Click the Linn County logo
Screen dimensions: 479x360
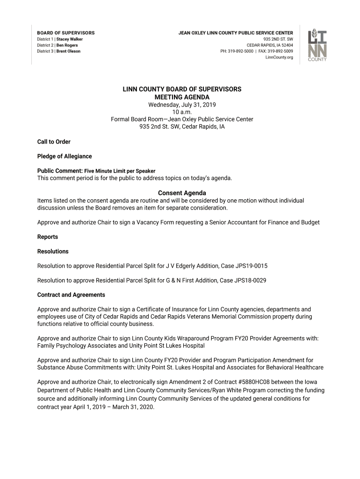coord(317,45)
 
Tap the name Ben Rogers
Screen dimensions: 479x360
coord(67,45)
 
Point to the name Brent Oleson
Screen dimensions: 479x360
coord(68,51)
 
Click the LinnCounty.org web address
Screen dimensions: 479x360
coord(279,58)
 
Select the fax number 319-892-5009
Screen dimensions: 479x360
coord(281,51)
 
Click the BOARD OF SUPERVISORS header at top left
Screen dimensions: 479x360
coord(66,33)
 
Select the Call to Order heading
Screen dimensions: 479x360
coord(54,142)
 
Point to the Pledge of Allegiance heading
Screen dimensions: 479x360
coord(65,156)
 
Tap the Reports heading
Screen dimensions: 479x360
coord(48,237)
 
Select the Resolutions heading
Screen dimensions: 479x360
coord(53,251)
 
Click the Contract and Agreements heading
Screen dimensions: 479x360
coord(71,295)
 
